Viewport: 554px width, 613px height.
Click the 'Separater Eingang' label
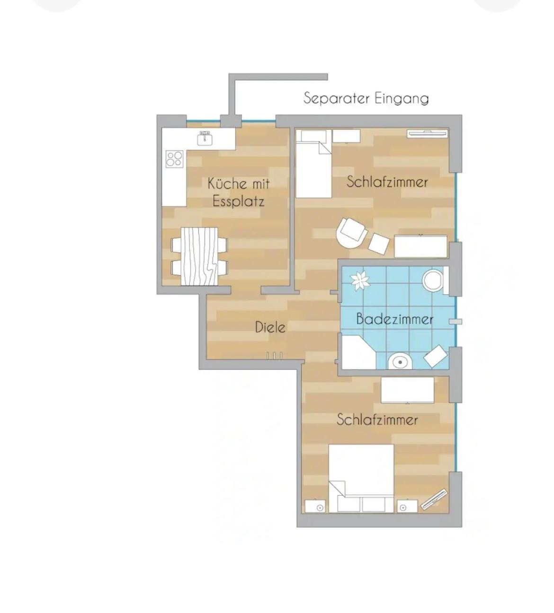[366, 99]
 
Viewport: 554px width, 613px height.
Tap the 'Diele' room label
[270, 327]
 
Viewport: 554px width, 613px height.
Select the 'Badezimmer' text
[394, 319]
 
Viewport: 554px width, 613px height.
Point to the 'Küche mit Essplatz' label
[239, 192]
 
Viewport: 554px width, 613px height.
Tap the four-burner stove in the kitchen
[174, 159]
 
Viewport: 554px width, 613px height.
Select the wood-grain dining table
[199, 256]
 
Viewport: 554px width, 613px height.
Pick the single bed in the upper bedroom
[313, 164]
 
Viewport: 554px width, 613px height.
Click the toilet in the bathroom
[435, 280]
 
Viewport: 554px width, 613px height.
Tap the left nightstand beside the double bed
[315, 507]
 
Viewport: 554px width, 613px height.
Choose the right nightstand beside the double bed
[407, 507]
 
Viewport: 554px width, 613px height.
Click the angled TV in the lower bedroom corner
[434, 500]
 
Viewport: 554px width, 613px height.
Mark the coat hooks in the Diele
[274, 356]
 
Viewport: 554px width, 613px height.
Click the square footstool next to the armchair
[379, 244]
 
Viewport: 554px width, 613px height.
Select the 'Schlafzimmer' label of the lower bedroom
[377, 420]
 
